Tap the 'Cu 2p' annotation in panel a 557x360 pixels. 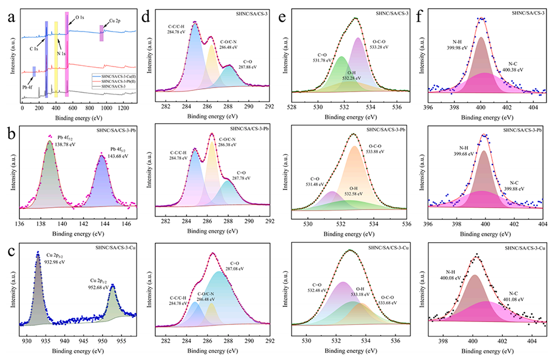(115, 21)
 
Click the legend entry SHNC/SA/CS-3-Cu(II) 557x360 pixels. (115, 76)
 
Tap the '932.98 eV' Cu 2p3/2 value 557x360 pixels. (53, 261)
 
